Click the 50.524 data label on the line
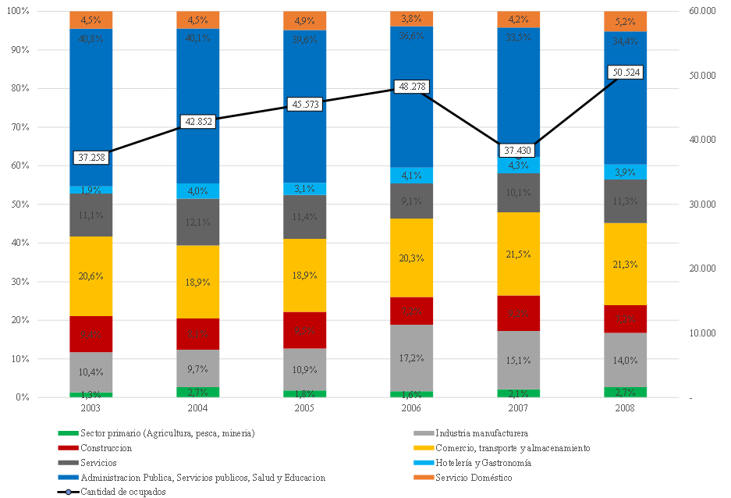pos(625,73)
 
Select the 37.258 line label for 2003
pos(90,157)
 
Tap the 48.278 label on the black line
pos(411,87)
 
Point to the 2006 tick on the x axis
pos(411,408)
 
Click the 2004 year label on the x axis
pos(197,408)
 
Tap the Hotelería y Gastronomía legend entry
pos(483,463)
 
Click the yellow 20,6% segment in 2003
pos(90,276)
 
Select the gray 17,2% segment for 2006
pos(411,358)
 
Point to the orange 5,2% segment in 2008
pos(625,21)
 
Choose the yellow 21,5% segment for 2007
pos(518,254)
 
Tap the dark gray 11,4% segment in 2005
pos(304,217)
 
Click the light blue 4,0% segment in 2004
pos(197,191)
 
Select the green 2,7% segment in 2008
pos(625,392)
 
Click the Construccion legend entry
pos(105,448)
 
